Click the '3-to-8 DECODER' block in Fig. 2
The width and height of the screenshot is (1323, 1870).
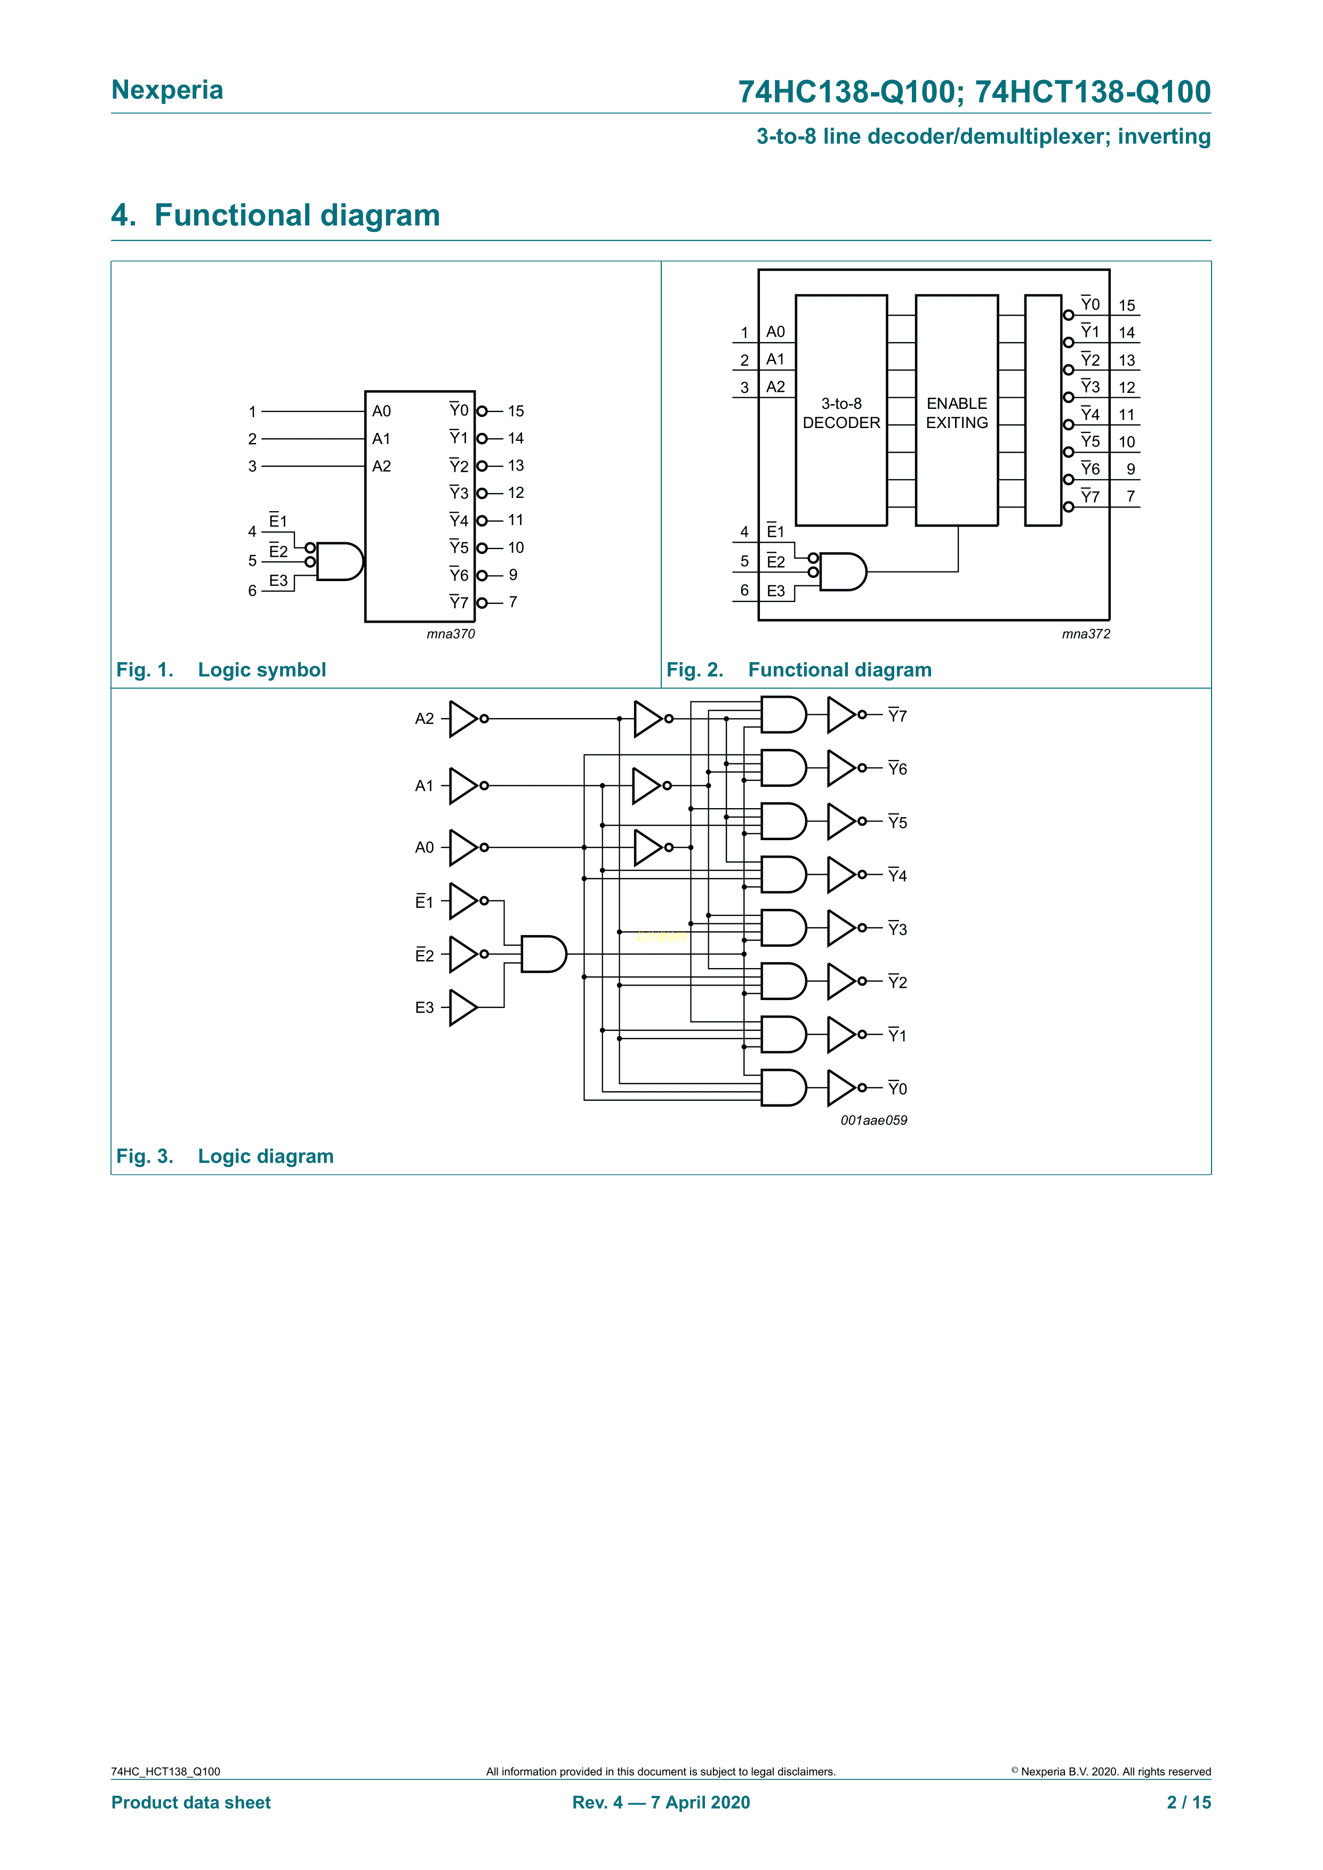click(841, 412)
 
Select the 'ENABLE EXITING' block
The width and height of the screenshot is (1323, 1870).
click(957, 412)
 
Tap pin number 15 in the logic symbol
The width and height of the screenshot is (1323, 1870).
click(516, 412)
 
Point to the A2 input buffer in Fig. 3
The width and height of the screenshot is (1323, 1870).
click(463, 719)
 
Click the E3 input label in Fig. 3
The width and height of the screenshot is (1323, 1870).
click(424, 1007)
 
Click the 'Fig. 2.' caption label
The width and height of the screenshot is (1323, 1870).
click(695, 670)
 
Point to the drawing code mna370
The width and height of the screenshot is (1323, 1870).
click(451, 634)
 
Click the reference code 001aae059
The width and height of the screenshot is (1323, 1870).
click(873, 1120)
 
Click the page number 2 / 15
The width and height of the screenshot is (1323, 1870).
click(1189, 1802)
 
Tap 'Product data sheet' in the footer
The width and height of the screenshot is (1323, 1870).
click(190, 1802)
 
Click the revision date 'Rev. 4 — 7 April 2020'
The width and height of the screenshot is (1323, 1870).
click(661, 1802)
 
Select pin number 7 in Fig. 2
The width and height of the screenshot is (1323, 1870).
click(1130, 496)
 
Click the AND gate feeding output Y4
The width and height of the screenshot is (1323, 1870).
click(783, 875)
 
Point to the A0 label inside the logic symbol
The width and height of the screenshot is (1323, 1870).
click(381, 412)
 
